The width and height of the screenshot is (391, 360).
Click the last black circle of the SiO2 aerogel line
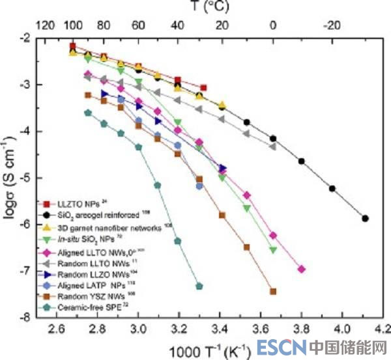pos(366,219)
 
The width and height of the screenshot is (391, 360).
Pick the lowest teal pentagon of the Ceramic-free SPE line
pos(199,286)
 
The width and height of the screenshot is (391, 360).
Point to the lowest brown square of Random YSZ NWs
pos(273,292)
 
